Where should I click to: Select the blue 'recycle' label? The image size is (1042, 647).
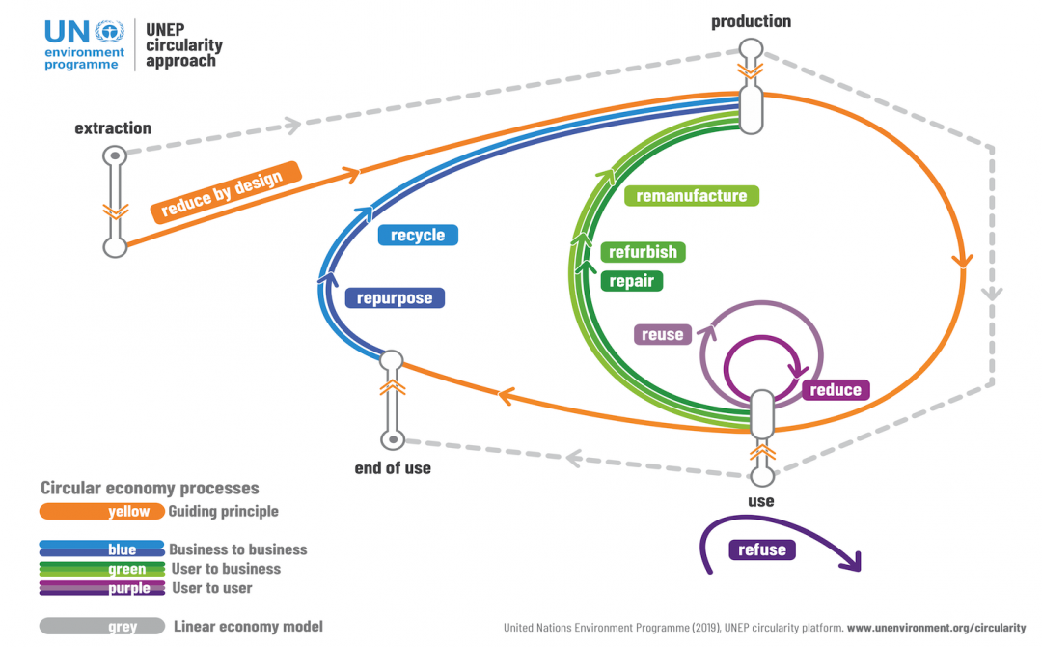click(x=417, y=235)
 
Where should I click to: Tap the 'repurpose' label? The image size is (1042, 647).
click(x=395, y=298)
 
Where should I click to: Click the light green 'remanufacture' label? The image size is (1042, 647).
click(x=691, y=196)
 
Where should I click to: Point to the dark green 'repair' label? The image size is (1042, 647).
click(x=631, y=281)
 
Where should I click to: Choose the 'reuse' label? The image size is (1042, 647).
click(x=662, y=335)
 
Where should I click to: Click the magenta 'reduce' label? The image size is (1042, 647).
click(x=836, y=390)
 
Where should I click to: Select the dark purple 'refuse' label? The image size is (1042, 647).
click(x=761, y=549)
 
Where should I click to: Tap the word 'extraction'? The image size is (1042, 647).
click(x=113, y=128)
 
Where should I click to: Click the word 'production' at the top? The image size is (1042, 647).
click(x=751, y=21)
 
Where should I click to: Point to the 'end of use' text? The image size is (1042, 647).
click(x=393, y=468)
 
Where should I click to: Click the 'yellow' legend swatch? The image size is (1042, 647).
click(x=101, y=512)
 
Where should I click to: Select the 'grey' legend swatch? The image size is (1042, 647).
click(x=101, y=627)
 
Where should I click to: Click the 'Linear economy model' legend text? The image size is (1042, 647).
click(x=248, y=627)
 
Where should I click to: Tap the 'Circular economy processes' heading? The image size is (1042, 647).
click(x=150, y=489)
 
